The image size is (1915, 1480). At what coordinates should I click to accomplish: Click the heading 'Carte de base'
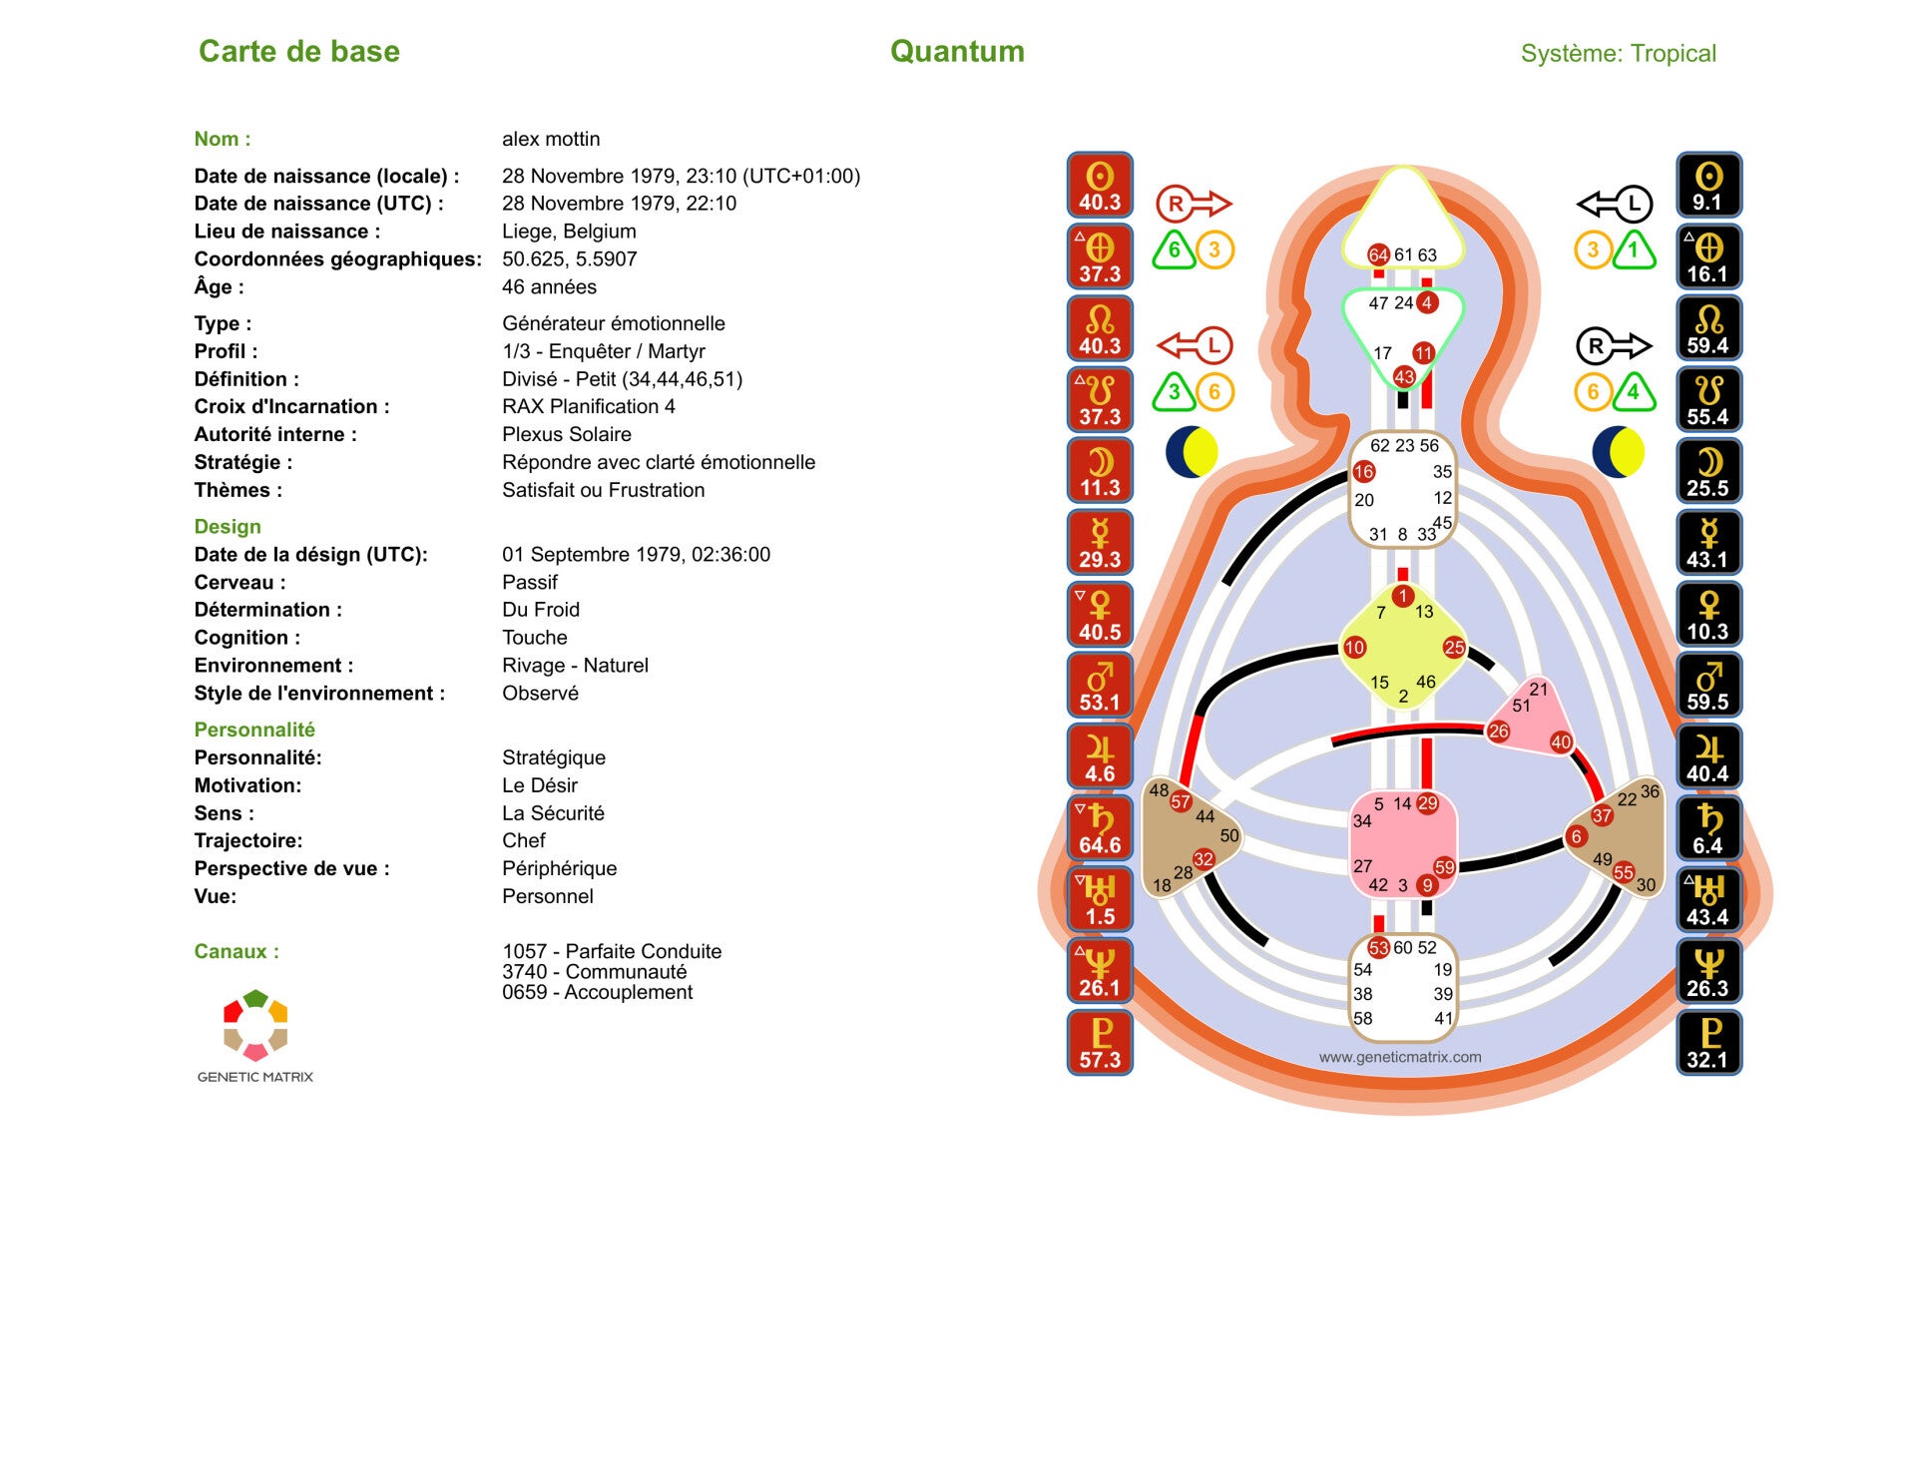(x=298, y=51)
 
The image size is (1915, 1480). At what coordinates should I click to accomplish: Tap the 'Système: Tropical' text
(x=1618, y=53)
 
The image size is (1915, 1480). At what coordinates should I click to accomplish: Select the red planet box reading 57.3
(x=1100, y=1043)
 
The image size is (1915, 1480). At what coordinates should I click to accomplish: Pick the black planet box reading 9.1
(x=1707, y=186)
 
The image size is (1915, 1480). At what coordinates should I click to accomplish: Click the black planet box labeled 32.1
(x=1707, y=1043)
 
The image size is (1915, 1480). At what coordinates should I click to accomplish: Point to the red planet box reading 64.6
(x=1100, y=828)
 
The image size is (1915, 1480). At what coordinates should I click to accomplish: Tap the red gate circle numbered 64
(x=1378, y=254)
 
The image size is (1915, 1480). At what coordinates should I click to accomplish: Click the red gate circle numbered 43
(x=1404, y=376)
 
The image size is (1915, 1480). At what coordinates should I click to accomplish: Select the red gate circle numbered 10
(x=1354, y=648)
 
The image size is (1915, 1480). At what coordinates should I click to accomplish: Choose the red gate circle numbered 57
(x=1181, y=801)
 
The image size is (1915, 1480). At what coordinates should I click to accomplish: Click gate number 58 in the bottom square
(x=1363, y=1018)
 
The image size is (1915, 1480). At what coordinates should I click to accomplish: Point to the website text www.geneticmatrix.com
(x=1400, y=1057)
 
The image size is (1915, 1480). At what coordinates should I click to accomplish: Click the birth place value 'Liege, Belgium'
(x=569, y=232)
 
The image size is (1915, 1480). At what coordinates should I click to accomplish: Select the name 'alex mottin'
(x=551, y=140)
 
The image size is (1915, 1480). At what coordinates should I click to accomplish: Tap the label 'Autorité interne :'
(x=275, y=434)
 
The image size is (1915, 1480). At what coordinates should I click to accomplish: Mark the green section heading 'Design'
(x=228, y=527)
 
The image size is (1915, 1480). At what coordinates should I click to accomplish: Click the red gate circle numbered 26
(x=1498, y=732)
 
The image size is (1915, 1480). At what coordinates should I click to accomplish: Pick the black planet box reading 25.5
(x=1707, y=471)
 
